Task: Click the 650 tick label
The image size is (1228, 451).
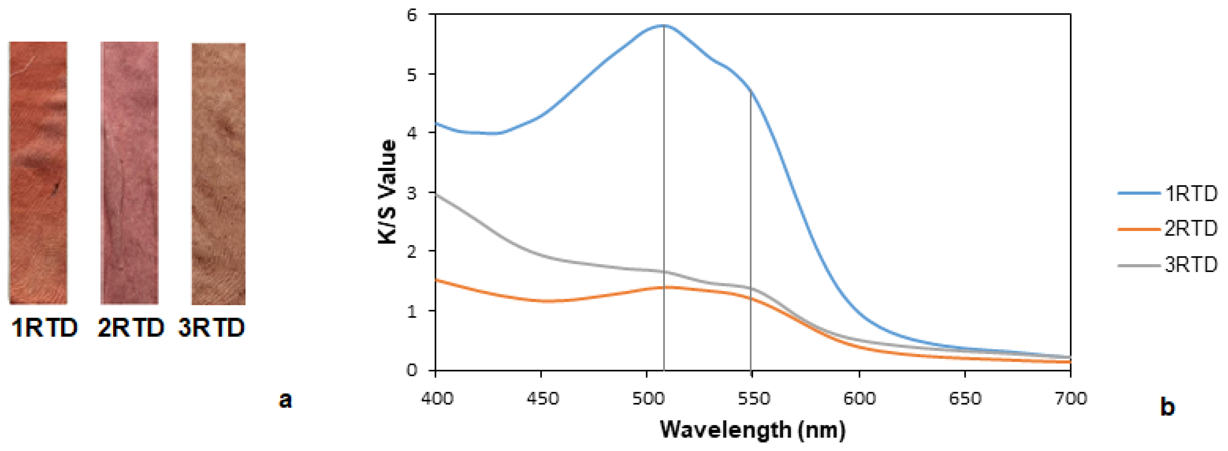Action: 965,398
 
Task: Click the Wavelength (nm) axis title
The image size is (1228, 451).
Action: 752,430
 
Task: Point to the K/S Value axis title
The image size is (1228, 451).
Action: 388,192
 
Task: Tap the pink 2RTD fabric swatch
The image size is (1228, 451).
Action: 129,173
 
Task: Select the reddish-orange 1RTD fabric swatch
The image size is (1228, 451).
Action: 38,173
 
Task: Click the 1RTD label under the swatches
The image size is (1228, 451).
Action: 44,328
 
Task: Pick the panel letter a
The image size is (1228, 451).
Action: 285,400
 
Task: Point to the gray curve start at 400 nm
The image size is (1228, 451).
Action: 436,194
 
